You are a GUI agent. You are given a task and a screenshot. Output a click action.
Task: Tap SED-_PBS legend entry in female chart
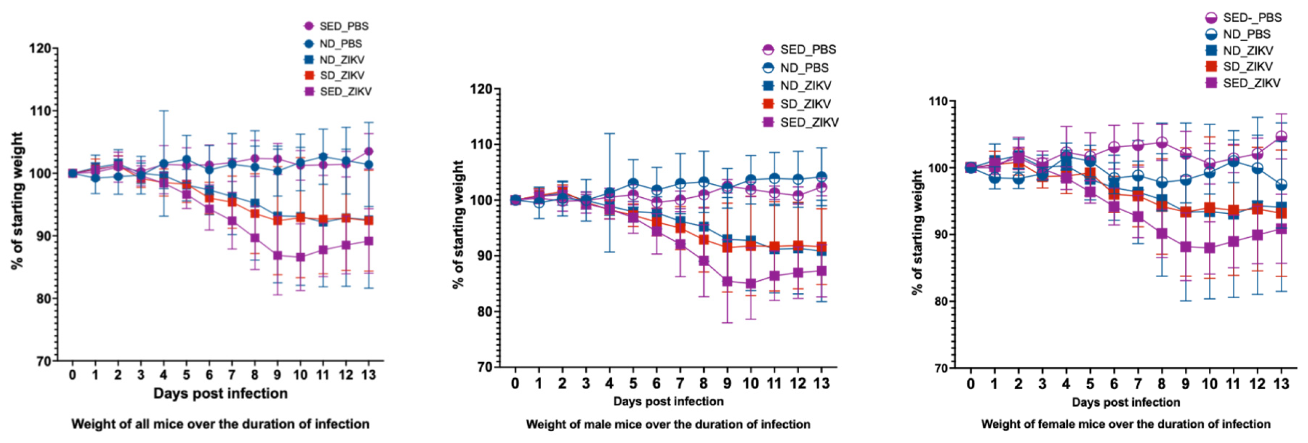pyautogui.click(x=1244, y=18)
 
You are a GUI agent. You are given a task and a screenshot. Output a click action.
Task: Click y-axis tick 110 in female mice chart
pyautogui.click(x=938, y=101)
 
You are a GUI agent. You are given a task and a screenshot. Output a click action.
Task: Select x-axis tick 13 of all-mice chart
pyautogui.click(x=369, y=375)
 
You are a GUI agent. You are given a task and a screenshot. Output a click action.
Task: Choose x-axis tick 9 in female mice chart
pyautogui.click(x=1185, y=384)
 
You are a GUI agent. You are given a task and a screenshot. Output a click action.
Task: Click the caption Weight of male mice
pyautogui.click(x=668, y=424)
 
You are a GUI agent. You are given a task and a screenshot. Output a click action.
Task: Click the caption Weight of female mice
pyautogui.click(x=1125, y=424)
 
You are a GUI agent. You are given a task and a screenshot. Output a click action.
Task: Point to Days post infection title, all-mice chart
pyautogui.click(x=220, y=393)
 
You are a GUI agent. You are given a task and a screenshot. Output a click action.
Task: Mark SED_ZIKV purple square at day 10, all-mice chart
pyautogui.click(x=300, y=257)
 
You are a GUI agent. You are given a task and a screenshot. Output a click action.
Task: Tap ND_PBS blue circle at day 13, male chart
pyautogui.click(x=821, y=177)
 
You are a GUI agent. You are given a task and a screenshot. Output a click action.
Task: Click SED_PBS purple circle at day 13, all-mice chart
pyautogui.click(x=369, y=151)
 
